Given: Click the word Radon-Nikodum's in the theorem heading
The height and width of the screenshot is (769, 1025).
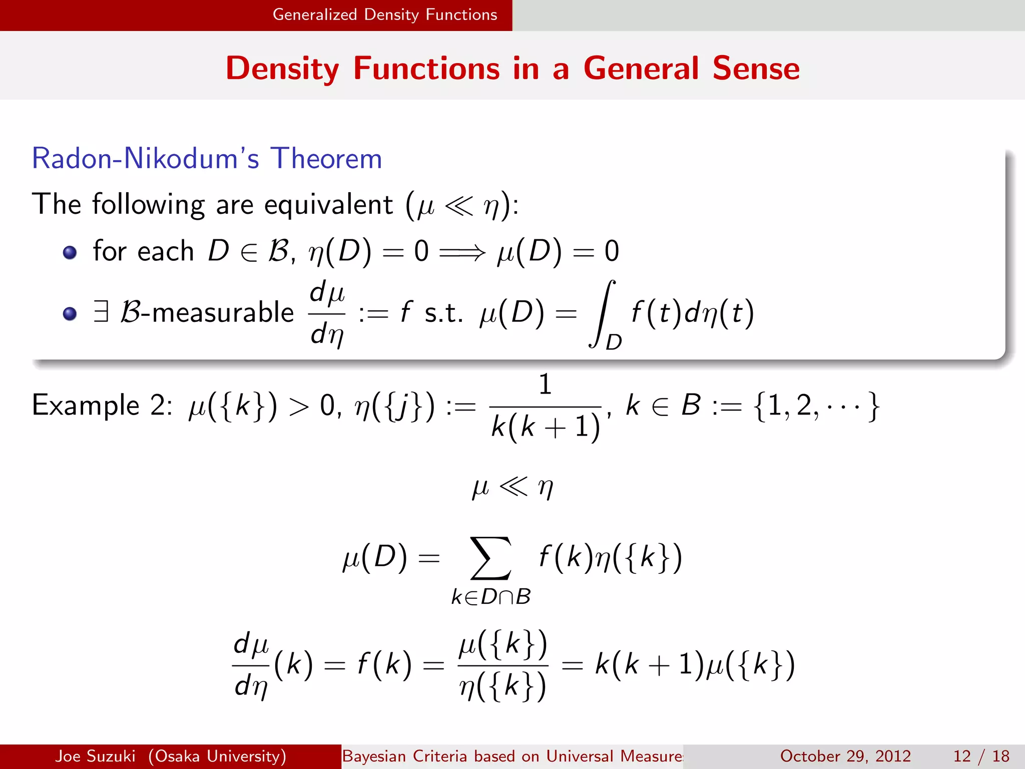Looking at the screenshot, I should (145, 159).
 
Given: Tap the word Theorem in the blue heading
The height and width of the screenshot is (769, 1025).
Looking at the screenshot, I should (326, 159).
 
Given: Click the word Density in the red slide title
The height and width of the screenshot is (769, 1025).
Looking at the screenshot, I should (282, 69).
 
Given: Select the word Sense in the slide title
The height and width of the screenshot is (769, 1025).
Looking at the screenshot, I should (756, 69).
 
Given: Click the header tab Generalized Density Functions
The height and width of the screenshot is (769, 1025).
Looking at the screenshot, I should (384, 15).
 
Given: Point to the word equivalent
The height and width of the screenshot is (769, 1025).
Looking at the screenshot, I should (328, 205).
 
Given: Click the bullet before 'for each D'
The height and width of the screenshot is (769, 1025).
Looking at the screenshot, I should (70, 252).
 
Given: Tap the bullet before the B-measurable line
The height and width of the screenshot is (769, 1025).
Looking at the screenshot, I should (70, 314).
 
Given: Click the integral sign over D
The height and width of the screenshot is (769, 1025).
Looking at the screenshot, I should (602, 313).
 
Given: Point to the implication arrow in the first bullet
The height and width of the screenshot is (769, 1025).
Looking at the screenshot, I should (462, 252).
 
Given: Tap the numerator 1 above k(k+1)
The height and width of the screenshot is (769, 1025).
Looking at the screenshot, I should (545, 384).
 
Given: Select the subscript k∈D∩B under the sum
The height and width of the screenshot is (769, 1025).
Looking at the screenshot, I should (491, 597).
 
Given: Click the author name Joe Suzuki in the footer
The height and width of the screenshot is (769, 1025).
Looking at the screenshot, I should (95, 756).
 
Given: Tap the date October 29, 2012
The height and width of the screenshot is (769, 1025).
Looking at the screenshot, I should (845, 756).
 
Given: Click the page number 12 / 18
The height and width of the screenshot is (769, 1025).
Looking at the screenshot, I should (981, 756).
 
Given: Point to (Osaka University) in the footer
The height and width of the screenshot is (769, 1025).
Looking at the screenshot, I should (217, 756).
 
